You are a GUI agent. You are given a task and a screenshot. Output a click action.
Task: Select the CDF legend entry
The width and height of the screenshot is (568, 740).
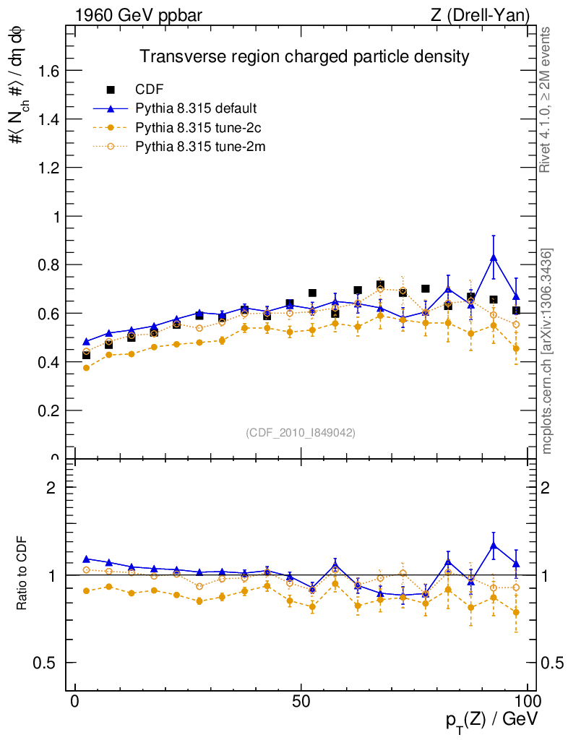point(150,90)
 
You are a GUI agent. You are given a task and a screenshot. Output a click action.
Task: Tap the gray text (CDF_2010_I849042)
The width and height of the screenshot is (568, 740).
point(301,432)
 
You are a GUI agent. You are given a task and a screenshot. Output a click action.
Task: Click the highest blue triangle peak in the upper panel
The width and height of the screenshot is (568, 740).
point(494,258)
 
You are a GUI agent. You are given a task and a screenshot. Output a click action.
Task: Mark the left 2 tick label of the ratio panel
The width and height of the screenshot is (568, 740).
point(51,487)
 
